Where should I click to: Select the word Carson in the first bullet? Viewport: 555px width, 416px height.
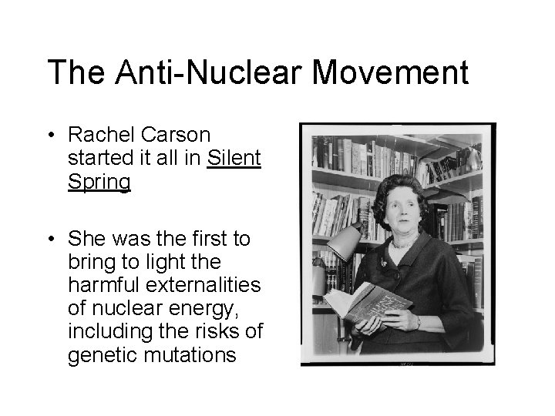[x=183, y=135]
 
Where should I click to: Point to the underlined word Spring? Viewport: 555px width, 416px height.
[x=99, y=183]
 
